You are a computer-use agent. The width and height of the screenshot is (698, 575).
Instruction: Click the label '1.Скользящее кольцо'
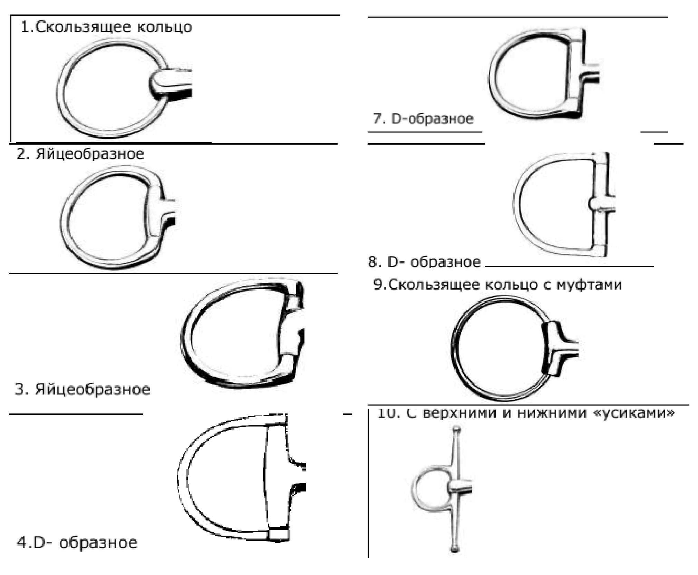(x=106, y=27)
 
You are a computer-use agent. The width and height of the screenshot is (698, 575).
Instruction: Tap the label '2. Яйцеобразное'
(x=80, y=154)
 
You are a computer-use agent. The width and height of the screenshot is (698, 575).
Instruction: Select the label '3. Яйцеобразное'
(x=83, y=390)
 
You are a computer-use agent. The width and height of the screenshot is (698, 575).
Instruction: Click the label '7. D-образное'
(x=423, y=119)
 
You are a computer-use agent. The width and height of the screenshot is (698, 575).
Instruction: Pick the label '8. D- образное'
(x=424, y=262)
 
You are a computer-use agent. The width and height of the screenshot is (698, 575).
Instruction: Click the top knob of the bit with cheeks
(x=456, y=430)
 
